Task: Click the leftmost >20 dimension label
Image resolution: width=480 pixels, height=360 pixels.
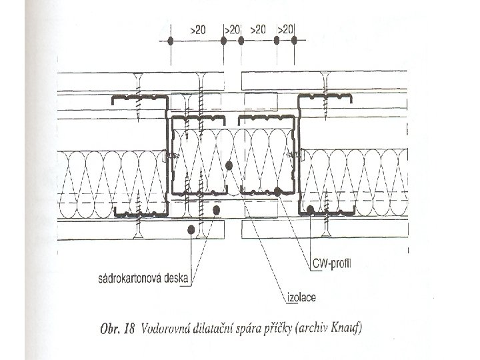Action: (x=197, y=30)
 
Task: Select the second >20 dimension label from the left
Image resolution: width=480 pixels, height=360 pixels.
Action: (x=232, y=30)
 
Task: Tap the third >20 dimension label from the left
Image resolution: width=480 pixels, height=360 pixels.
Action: (x=258, y=30)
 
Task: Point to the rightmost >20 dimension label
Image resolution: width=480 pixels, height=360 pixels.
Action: (x=285, y=30)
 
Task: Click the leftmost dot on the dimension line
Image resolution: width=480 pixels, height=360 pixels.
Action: (x=171, y=41)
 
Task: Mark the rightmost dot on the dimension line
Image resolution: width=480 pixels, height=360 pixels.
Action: (x=294, y=41)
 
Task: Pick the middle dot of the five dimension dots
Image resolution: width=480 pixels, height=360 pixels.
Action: (x=241, y=41)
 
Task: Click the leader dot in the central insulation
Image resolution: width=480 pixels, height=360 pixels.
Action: (x=229, y=164)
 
